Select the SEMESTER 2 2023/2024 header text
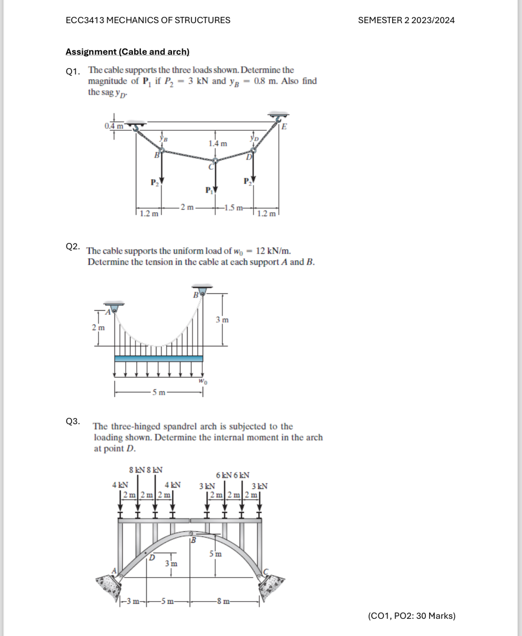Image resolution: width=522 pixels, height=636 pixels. (x=406, y=20)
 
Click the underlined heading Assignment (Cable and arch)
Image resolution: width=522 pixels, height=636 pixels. (x=127, y=52)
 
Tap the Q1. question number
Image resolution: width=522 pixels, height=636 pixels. (x=73, y=71)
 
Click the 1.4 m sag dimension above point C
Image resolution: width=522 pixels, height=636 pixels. (x=218, y=144)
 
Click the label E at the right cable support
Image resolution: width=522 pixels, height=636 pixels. (x=284, y=127)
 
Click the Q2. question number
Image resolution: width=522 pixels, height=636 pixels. (x=73, y=246)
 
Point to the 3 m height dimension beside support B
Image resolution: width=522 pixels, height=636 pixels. (x=222, y=320)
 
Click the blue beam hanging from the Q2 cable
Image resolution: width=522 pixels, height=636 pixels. (x=158, y=359)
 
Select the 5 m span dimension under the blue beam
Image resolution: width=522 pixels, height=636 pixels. (x=159, y=393)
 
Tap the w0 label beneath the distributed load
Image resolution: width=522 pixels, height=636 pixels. (x=203, y=382)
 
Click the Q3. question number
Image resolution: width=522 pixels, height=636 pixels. (x=73, y=421)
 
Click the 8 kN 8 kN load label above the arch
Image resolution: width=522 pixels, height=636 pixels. (x=145, y=470)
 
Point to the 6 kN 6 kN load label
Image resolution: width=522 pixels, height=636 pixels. (x=232, y=475)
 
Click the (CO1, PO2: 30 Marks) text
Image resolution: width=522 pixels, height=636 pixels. (x=411, y=616)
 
